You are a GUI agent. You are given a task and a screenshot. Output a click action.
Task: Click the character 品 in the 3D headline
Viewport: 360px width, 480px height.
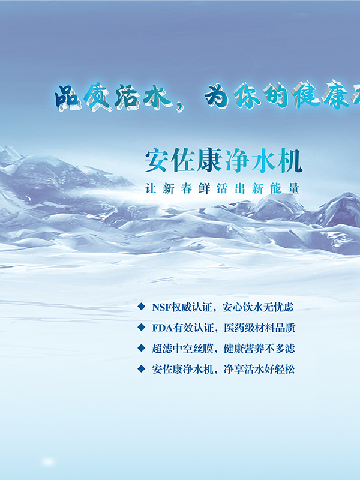(x=67, y=97)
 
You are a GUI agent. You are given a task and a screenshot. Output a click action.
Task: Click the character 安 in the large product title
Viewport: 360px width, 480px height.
(x=157, y=160)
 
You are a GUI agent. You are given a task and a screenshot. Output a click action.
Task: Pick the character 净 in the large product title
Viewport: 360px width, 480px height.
(x=236, y=160)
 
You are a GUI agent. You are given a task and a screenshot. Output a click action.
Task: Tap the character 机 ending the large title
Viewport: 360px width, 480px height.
(x=290, y=160)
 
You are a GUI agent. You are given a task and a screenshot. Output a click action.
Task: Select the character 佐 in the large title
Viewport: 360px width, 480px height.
(x=183, y=160)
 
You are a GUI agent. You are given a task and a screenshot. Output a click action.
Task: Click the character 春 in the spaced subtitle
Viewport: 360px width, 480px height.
(x=187, y=188)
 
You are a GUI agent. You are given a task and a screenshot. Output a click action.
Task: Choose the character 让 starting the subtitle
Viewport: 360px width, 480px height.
(x=151, y=188)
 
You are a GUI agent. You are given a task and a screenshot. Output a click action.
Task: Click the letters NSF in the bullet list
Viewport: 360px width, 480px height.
(x=161, y=307)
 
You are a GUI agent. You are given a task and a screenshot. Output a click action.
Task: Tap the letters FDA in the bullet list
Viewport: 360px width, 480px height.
(x=162, y=328)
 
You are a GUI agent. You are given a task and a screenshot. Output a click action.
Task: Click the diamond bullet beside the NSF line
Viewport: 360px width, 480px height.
(x=141, y=307)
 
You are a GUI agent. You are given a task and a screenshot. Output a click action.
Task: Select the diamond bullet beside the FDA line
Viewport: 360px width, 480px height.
(x=141, y=327)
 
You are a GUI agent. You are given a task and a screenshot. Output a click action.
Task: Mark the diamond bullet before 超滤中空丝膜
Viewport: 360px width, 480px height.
(x=141, y=348)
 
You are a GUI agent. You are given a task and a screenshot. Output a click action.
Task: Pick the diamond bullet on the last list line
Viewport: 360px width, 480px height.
(x=141, y=369)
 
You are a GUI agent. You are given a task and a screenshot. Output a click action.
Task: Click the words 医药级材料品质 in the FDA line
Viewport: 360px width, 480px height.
(x=260, y=328)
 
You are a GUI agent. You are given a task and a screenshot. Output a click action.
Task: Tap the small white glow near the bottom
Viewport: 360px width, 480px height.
(x=48, y=461)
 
